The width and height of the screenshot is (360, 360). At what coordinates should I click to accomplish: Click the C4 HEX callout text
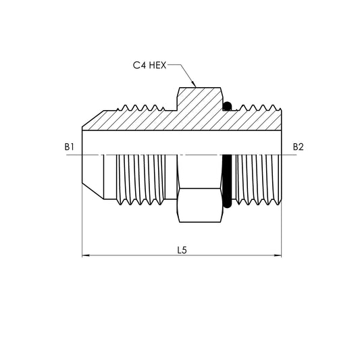click(x=149, y=66)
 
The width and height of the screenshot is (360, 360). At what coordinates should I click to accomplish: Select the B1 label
click(x=70, y=147)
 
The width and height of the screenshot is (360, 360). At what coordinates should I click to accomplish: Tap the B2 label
click(x=299, y=147)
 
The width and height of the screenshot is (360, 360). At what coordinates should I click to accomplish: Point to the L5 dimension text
click(x=182, y=250)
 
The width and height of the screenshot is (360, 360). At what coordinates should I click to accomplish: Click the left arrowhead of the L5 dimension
click(x=85, y=256)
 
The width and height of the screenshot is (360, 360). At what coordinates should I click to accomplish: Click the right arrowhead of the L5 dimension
click(x=279, y=256)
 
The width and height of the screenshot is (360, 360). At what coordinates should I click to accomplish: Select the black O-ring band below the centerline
click(x=228, y=179)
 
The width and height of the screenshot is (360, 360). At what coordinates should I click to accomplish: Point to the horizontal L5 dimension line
click(x=135, y=256)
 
